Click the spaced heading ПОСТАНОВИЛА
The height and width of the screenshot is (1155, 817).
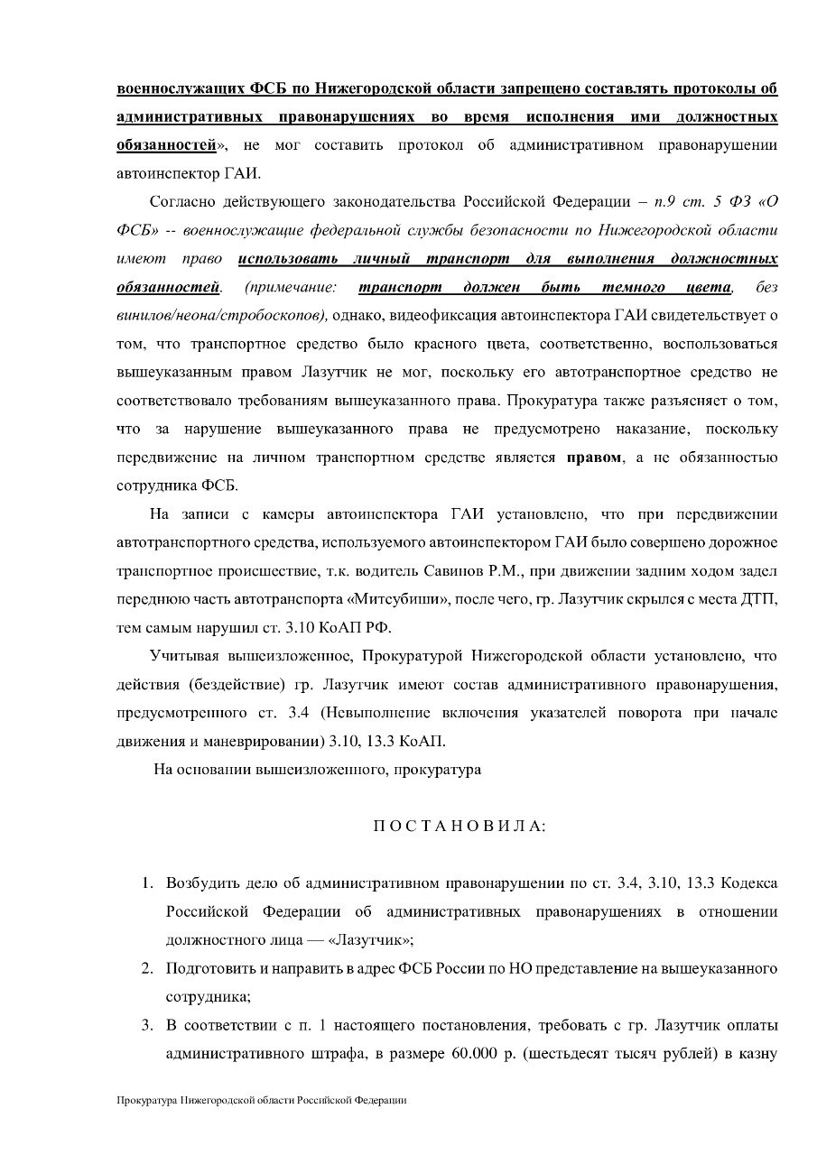(x=459, y=827)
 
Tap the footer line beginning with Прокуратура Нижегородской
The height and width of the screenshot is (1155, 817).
(x=262, y=1101)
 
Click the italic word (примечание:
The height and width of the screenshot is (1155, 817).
(x=290, y=288)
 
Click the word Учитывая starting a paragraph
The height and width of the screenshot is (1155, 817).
(x=184, y=656)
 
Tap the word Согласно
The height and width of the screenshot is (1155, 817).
(x=182, y=201)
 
